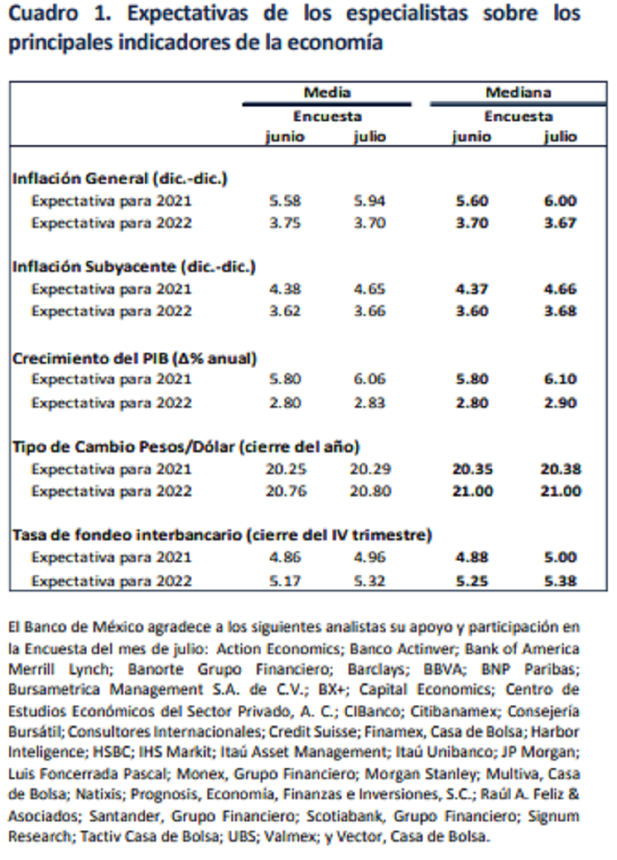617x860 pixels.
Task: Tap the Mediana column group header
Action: coord(518,93)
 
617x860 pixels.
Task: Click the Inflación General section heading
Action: coord(122,178)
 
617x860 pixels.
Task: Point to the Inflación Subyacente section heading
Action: coord(133,267)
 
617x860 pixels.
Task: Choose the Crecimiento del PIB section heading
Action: coord(133,357)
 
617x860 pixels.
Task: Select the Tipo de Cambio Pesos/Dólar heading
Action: coord(185,446)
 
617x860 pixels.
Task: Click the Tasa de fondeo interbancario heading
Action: coord(221,535)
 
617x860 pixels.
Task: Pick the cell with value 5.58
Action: coord(286,201)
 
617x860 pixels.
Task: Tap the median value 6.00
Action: coord(560,201)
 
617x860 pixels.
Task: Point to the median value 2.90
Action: coord(560,403)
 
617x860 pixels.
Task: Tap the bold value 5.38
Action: coord(560,581)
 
